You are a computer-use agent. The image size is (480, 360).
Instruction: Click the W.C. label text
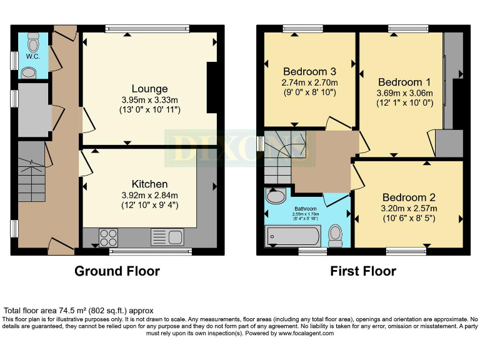(x=32, y=56)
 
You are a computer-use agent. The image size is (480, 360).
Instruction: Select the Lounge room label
(x=149, y=89)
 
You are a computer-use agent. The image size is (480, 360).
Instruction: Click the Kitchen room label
(x=149, y=184)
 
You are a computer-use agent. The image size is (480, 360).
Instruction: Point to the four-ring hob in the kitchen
(x=108, y=237)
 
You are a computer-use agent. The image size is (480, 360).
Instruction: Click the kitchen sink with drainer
(x=167, y=237)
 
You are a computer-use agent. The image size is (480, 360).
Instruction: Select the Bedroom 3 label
(x=309, y=71)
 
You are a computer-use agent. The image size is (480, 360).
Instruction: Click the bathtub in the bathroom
(x=293, y=236)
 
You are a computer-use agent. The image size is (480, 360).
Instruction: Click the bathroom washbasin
(x=275, y=197)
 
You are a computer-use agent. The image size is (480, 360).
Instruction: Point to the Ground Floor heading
(x=117, y=271)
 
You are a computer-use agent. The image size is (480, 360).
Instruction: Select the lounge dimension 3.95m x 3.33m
(x=149, y=100)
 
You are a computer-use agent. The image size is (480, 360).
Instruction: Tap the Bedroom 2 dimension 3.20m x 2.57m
(x=409, y=208)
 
